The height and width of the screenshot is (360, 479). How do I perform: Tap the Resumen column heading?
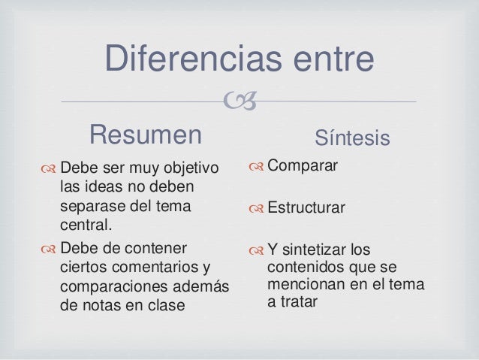pos(146,135)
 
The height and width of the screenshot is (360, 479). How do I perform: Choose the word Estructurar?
pos(307,207)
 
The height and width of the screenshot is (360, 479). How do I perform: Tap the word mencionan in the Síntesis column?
pos(307,286)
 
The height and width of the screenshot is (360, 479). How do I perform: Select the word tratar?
pos(300,304)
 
